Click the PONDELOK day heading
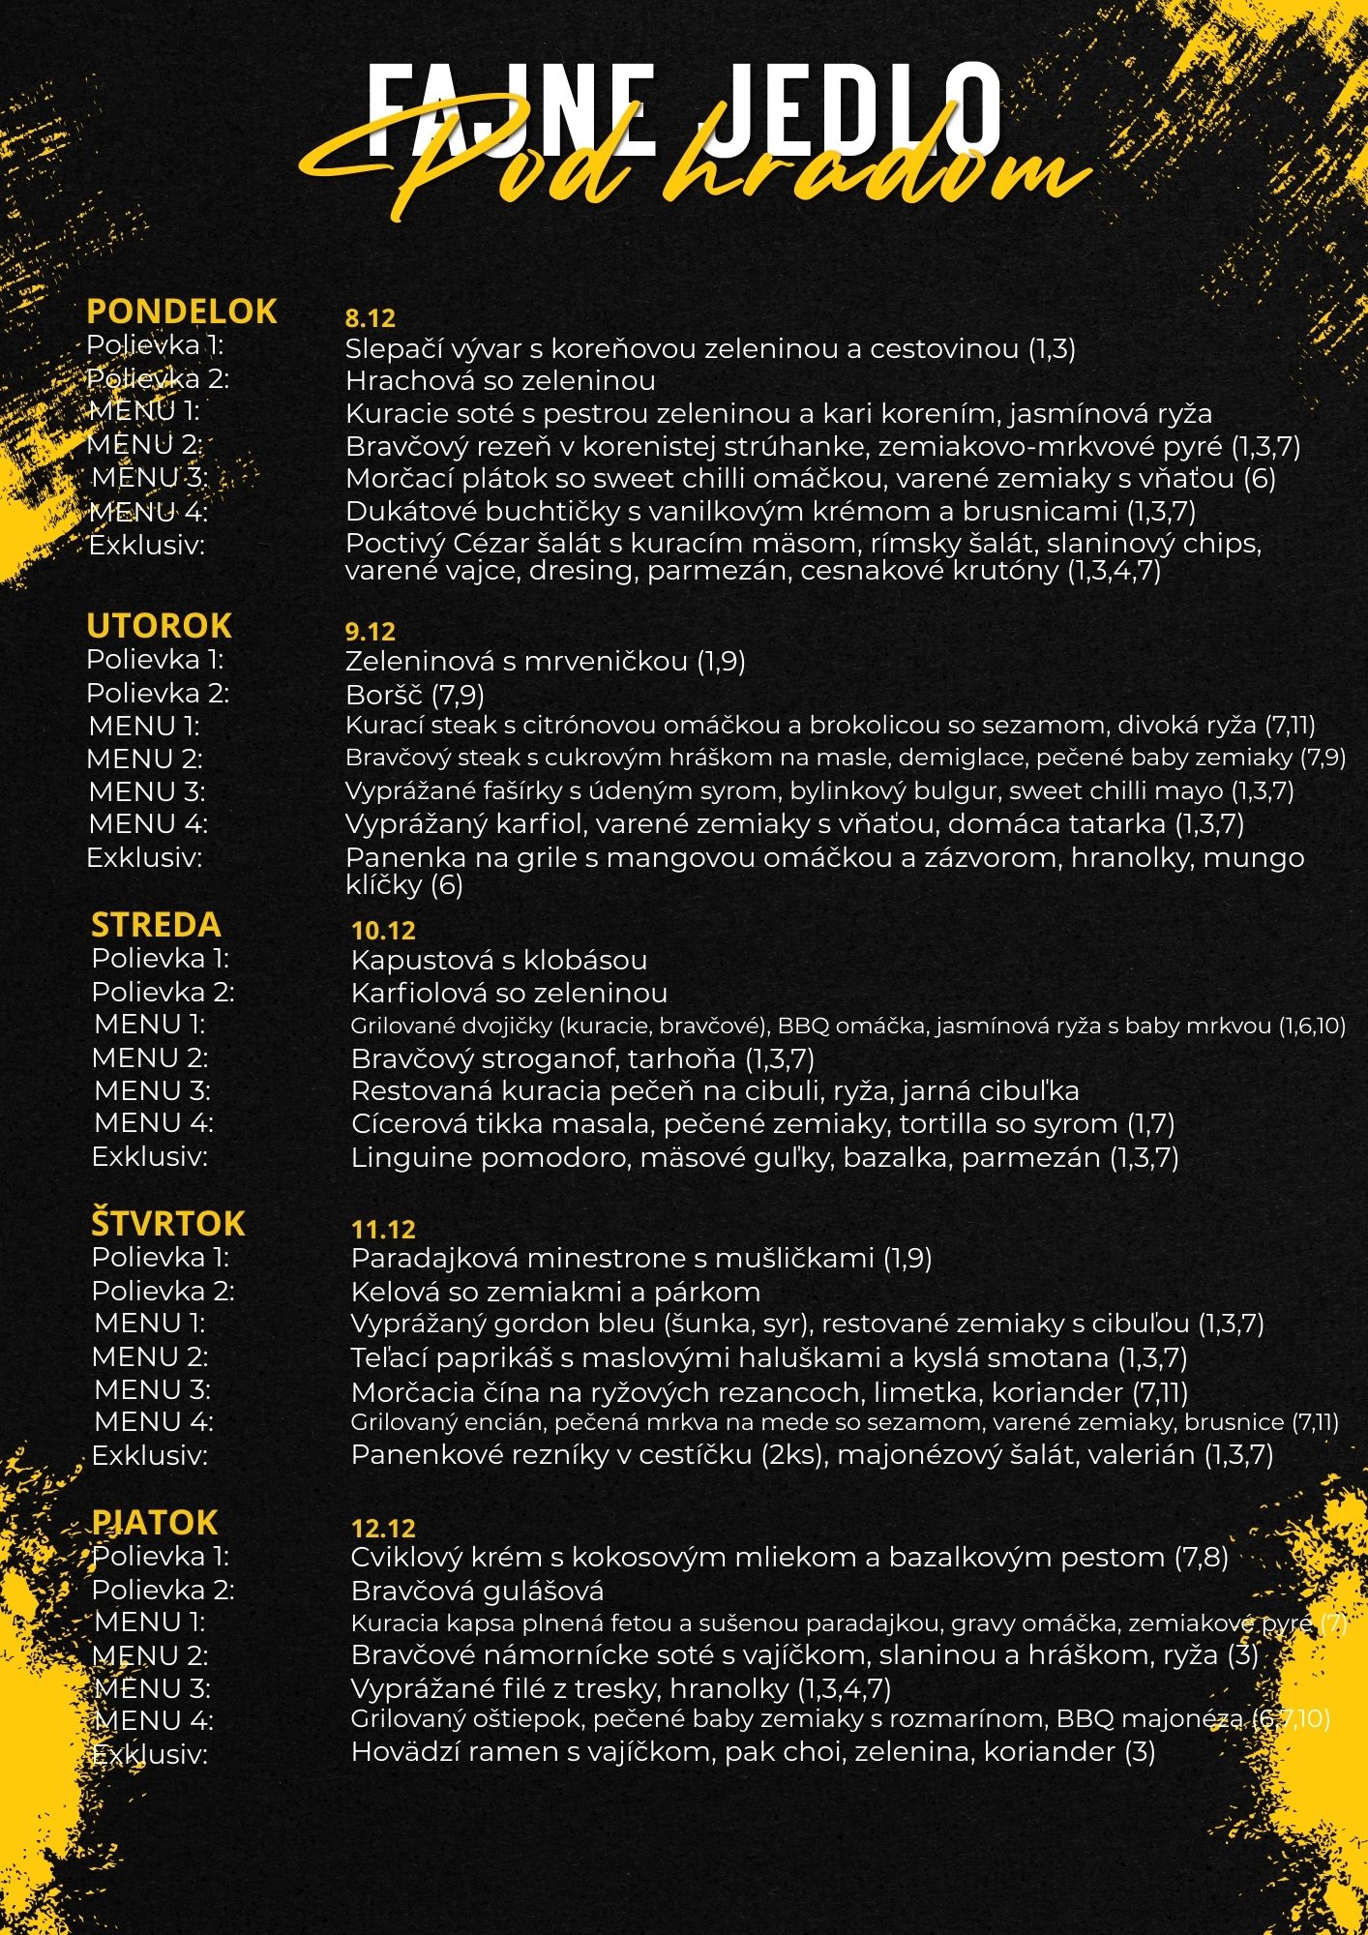tap(182, 312)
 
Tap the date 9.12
tap(371, 632)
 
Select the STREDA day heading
tap(156, 925)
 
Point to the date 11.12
tap(383, 1230)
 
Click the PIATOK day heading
tap(155, 1523)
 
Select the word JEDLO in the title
tap(849, 104)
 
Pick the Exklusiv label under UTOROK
tap(144, 858)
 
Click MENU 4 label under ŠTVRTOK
tap(153, 1422)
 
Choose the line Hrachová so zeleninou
tap(500, 381)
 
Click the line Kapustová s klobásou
tap(498, 961)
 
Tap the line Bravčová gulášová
tap(477, 1591)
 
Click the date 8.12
tap(371, 318)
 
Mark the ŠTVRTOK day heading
tap(168, 1224)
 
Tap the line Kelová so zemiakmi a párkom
tap(555, 1292)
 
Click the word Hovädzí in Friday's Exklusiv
tap(402, 1751)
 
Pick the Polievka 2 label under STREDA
tap(163, 993)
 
